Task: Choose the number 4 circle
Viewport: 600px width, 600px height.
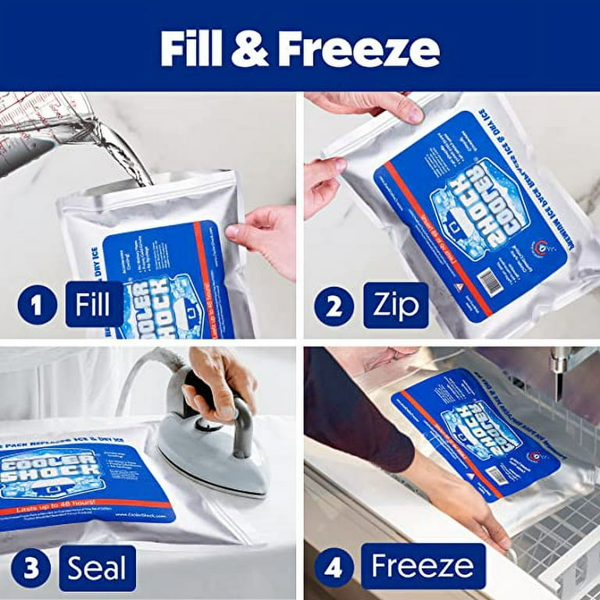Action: (334, 567)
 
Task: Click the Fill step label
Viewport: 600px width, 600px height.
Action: (94, 304)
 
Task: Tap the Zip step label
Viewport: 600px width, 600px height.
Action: (396, 305)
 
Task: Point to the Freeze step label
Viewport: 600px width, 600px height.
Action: (423, 566)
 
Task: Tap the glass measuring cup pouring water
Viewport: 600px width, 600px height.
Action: (39, 129)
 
